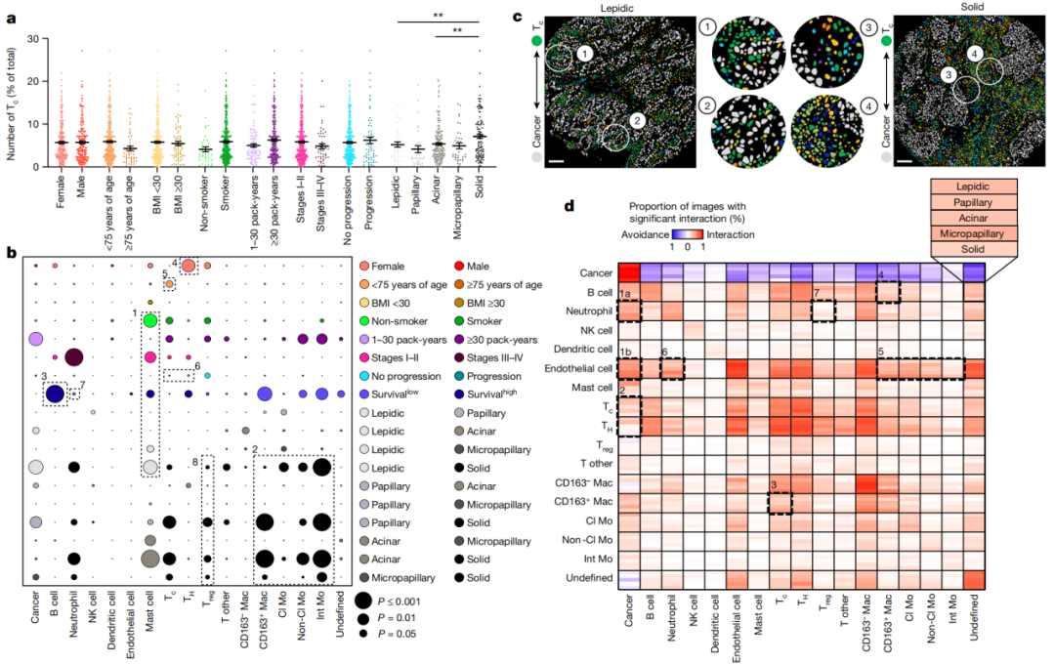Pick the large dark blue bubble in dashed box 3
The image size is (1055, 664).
(x=55, y=394)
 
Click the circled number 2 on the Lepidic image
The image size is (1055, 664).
(x=637, y=120)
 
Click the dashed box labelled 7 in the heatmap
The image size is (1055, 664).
(x=823, y=310)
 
